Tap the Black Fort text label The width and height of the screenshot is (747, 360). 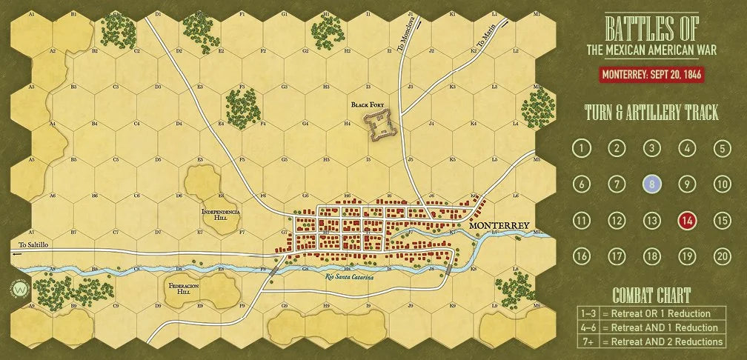click(369, 105)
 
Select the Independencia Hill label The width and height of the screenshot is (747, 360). click(221, 216)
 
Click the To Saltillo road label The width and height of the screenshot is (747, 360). click(33, 244)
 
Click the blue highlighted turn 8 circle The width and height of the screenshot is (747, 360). click(651, 184)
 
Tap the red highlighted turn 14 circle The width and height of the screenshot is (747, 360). click(687, 220)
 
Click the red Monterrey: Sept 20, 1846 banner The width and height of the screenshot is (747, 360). click(651, 75)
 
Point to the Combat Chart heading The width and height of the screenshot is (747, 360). click(651, 294)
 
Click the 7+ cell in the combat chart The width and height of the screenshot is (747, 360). click(588, 341)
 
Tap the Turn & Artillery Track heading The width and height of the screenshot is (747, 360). click(651, 113)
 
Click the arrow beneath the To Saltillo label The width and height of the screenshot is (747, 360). click(18, 253)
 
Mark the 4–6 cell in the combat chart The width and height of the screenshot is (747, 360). click(588, 327)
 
